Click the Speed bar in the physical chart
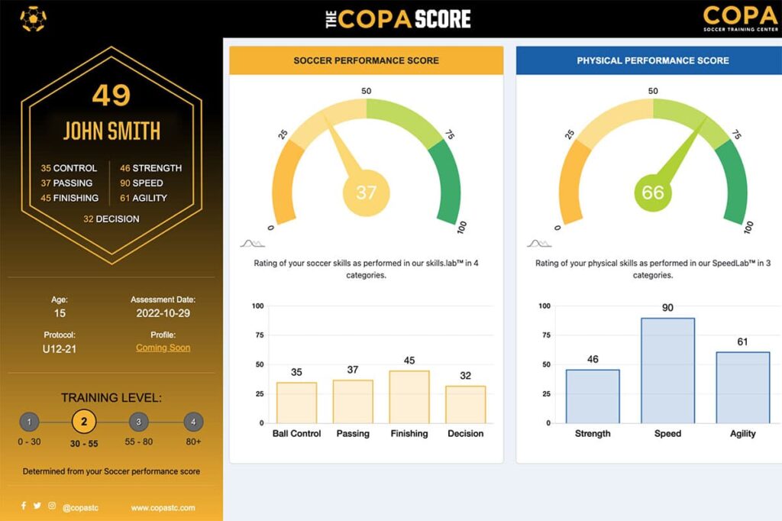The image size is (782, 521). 667,371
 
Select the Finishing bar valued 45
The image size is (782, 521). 409,396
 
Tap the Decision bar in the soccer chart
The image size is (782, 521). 466,404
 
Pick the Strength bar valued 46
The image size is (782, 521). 593,396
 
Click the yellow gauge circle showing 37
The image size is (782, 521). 367,193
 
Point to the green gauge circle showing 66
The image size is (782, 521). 653,193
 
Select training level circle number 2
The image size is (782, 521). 84,422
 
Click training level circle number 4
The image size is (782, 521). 193,422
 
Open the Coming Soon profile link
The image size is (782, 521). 163,348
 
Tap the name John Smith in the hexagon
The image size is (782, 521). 111,131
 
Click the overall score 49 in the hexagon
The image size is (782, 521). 111,95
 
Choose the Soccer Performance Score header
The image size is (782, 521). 367,60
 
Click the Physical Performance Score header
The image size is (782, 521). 653,60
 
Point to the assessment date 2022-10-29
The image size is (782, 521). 163,313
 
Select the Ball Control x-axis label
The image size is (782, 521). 296,433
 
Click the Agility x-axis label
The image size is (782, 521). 742,433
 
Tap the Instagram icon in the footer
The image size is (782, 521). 52,506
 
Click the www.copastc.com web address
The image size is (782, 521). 163,507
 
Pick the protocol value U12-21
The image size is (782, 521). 60,348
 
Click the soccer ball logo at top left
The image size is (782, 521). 33,19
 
